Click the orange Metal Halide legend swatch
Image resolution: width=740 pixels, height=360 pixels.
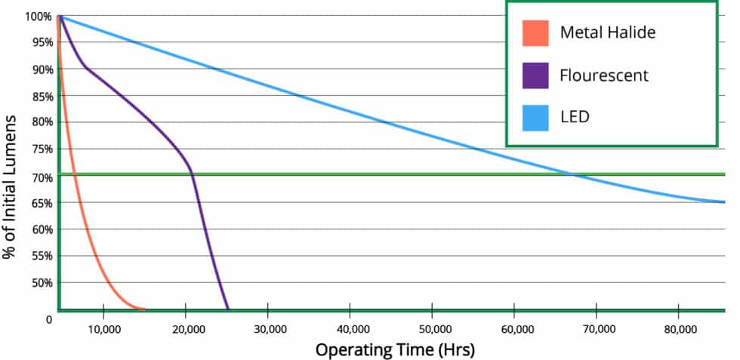click(x=535, y=33)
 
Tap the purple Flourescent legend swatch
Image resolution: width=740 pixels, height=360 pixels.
click(x=535, y=75)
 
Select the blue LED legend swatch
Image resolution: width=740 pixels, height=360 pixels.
click(x=535, y=117)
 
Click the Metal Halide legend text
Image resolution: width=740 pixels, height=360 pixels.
click(x=608, y=32)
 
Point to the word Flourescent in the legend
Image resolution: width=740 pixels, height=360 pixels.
click(x=604, y=75)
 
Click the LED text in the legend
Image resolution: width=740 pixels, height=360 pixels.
click(x=574, y=117)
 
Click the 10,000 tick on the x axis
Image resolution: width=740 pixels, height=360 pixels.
click(x=103, y=330)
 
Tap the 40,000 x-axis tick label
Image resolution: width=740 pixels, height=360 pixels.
click(x=350, y=330)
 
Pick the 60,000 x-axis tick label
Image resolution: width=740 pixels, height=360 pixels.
click(x=514, y=330)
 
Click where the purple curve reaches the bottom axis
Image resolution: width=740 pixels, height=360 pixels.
click(x=228, y=308)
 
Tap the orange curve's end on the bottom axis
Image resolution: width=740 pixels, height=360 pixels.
click(x=143, y=308)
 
